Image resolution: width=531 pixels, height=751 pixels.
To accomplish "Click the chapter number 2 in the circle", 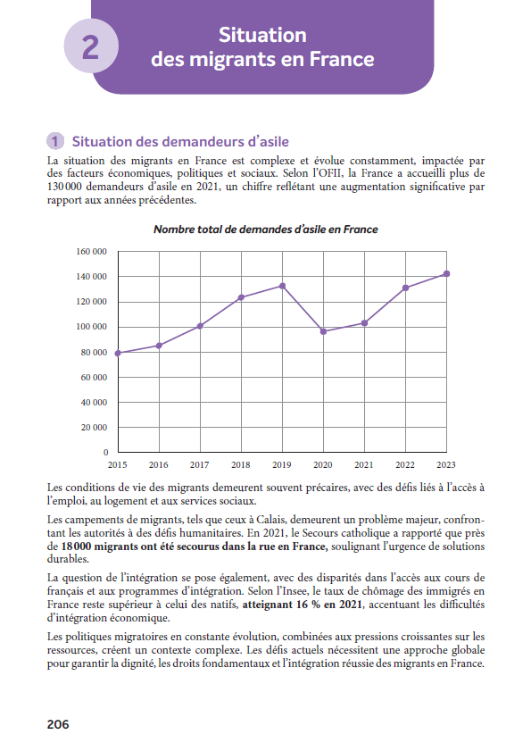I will coord(90,46).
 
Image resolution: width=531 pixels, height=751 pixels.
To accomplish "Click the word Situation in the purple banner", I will coord(262,35).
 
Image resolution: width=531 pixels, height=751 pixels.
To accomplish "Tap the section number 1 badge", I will coord(55,141).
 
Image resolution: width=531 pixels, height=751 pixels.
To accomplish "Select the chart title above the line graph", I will coord(265,229).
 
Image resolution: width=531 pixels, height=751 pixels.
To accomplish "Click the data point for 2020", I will coord(323,331).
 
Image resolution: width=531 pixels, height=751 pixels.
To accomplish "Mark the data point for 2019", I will coord(282,286).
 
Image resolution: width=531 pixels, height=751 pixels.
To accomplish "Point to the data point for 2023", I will coord(446,273).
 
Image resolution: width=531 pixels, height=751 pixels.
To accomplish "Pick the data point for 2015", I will coord(118,353).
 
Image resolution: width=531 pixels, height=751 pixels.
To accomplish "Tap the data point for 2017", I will coord(200,326).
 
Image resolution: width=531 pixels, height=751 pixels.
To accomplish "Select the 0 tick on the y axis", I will coord(104,454).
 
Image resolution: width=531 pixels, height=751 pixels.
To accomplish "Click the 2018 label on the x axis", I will coord(241,465).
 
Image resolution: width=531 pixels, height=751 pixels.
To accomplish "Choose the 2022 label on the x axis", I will coord(405,465).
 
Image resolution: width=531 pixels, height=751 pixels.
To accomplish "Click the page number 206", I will coord(57,724).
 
